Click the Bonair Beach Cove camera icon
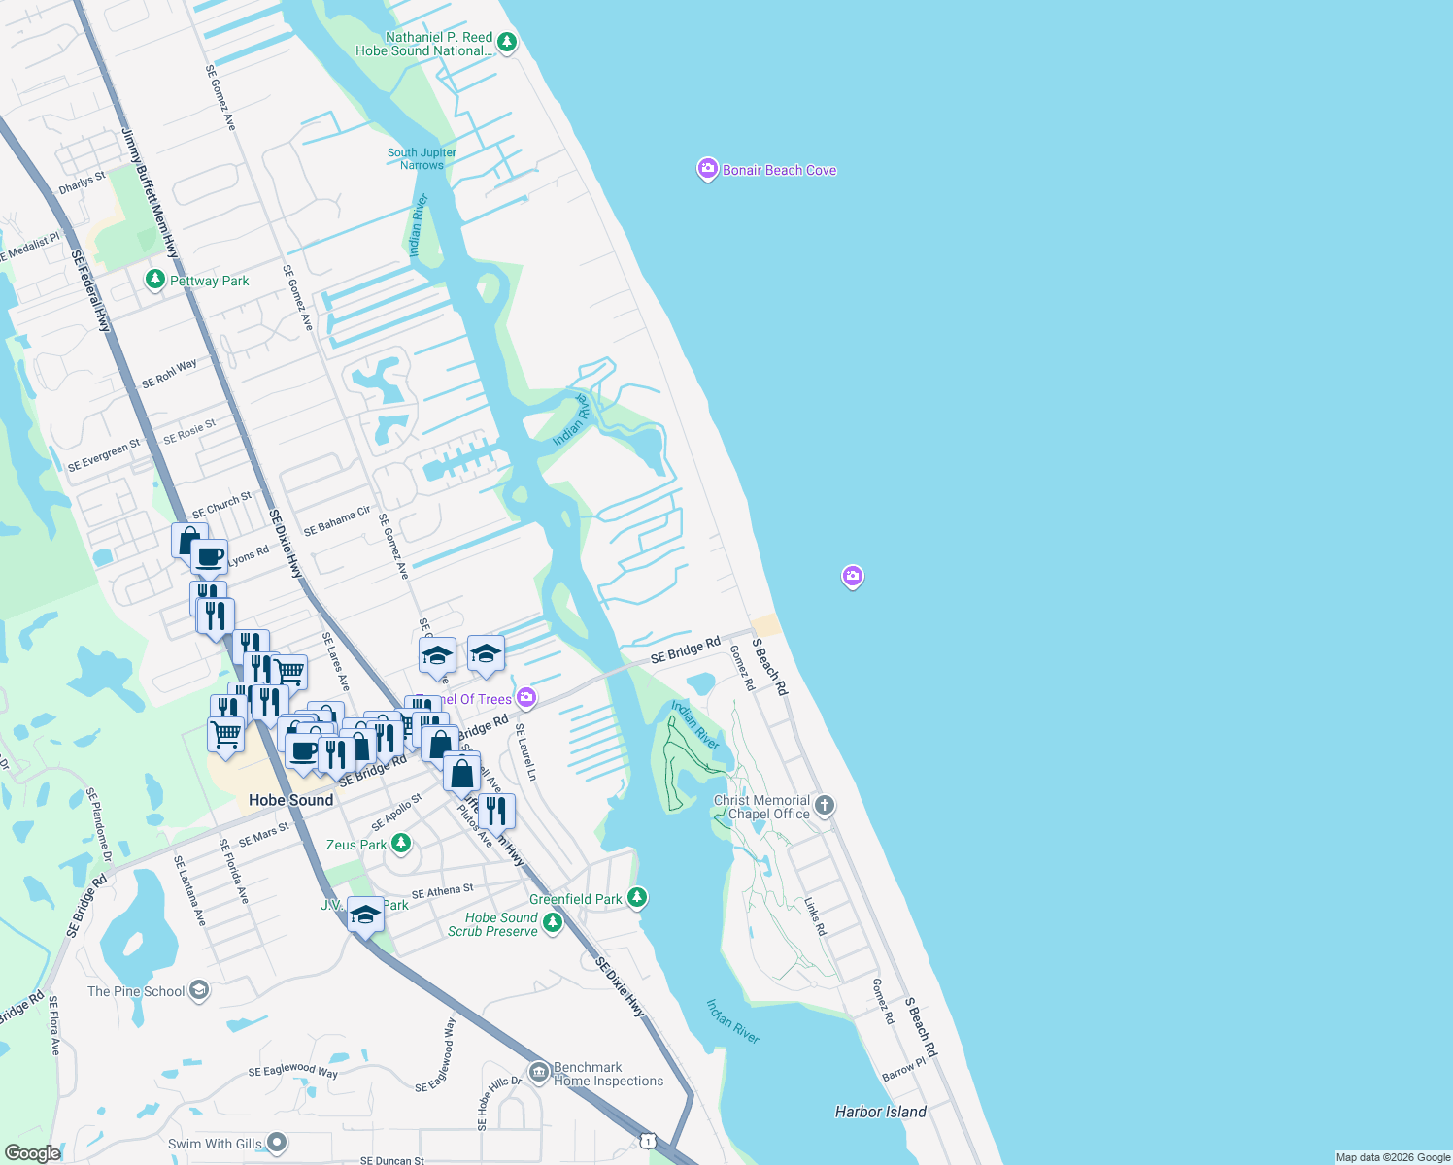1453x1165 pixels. coord(707,170)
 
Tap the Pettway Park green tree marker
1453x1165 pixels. coord(154,280)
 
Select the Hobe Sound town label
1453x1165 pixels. coord(290,800)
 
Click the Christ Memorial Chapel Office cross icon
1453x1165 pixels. coord(825,805)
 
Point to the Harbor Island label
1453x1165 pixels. coord(880,1112)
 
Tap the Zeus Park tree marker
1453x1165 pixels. coord(400,844)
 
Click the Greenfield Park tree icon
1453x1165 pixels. coord(637,898)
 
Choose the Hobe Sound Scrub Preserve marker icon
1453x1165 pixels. coord(553,922)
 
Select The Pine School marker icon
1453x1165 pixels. coord(199,990)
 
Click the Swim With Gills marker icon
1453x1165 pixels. coord(277,1143)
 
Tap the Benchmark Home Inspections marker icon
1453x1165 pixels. coord(539,1073)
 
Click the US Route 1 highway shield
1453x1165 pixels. coord(648,1141)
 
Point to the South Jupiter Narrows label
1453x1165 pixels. coord(422,158)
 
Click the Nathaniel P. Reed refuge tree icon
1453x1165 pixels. coord(507,43)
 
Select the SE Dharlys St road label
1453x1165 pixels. coord(83,183)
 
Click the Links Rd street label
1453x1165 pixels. coord(815,915)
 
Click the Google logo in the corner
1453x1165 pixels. coord(32,1152)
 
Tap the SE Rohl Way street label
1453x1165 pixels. coord(169,374)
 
